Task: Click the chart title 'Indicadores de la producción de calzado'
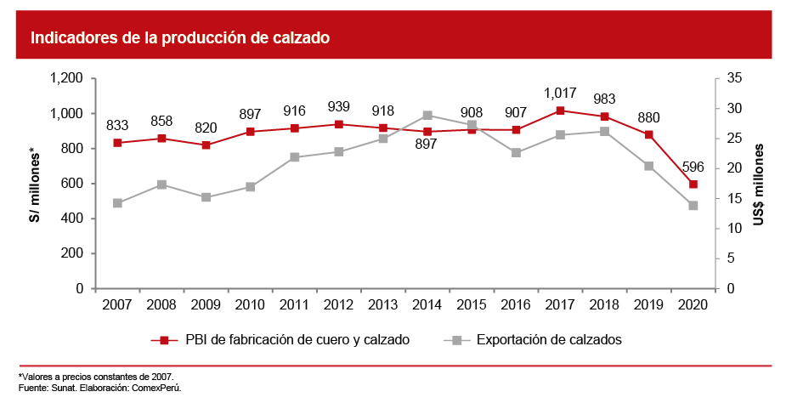tap(179, 38)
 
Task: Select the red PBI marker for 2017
tap(560, 111)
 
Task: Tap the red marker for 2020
tap(693, 184)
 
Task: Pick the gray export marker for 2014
tap(427, 116)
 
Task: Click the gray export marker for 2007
tap(117, 203)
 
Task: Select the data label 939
tap(339, 106)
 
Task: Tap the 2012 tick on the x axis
tap(339, 304)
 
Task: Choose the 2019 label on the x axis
tap(649, 304)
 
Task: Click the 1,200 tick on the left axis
tap(66, 78)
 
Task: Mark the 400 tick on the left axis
tap(71, 219)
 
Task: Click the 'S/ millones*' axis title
tap(34, 184)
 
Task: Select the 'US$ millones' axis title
tap(759, 184)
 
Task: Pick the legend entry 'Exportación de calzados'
tap(549, 340)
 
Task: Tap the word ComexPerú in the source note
tap(159, 387)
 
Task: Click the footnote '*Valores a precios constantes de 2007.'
tap(95, 376)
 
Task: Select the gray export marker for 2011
tap(295, 157)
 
